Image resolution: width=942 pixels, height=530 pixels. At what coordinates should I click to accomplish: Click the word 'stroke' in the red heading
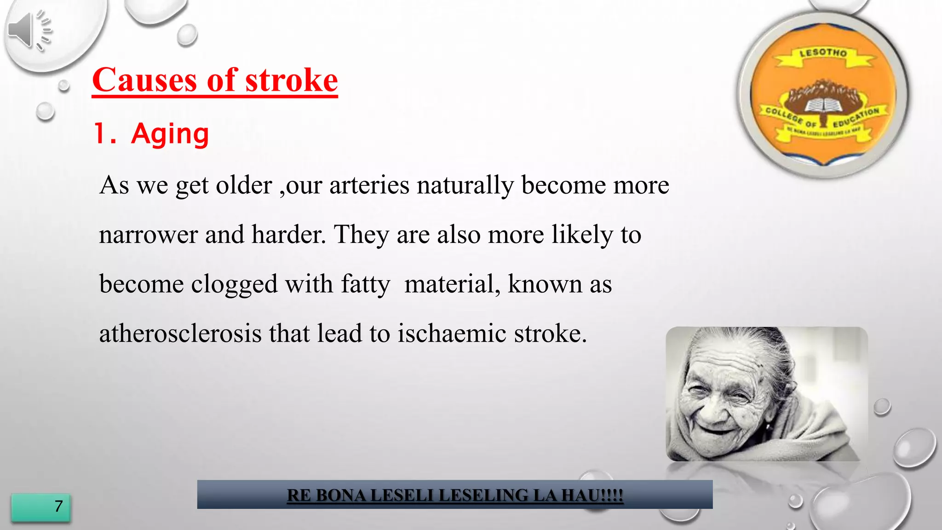[x=292, y=80]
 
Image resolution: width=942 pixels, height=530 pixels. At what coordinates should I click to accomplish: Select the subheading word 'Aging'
[x=170, y=134]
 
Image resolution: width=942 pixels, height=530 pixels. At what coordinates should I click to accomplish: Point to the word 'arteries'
[x=369, y=185]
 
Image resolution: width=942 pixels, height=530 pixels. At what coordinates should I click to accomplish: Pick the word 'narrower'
[x=148, y=235]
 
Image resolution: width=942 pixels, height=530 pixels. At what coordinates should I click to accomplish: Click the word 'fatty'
[x=365, y=284]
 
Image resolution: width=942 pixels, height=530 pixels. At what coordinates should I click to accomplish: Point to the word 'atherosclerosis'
[x=180, y=334]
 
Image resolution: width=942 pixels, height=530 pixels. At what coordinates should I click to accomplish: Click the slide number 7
[x=58, y=507]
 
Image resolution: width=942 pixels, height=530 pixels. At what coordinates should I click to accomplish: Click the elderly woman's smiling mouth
[x=718, y=430]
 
